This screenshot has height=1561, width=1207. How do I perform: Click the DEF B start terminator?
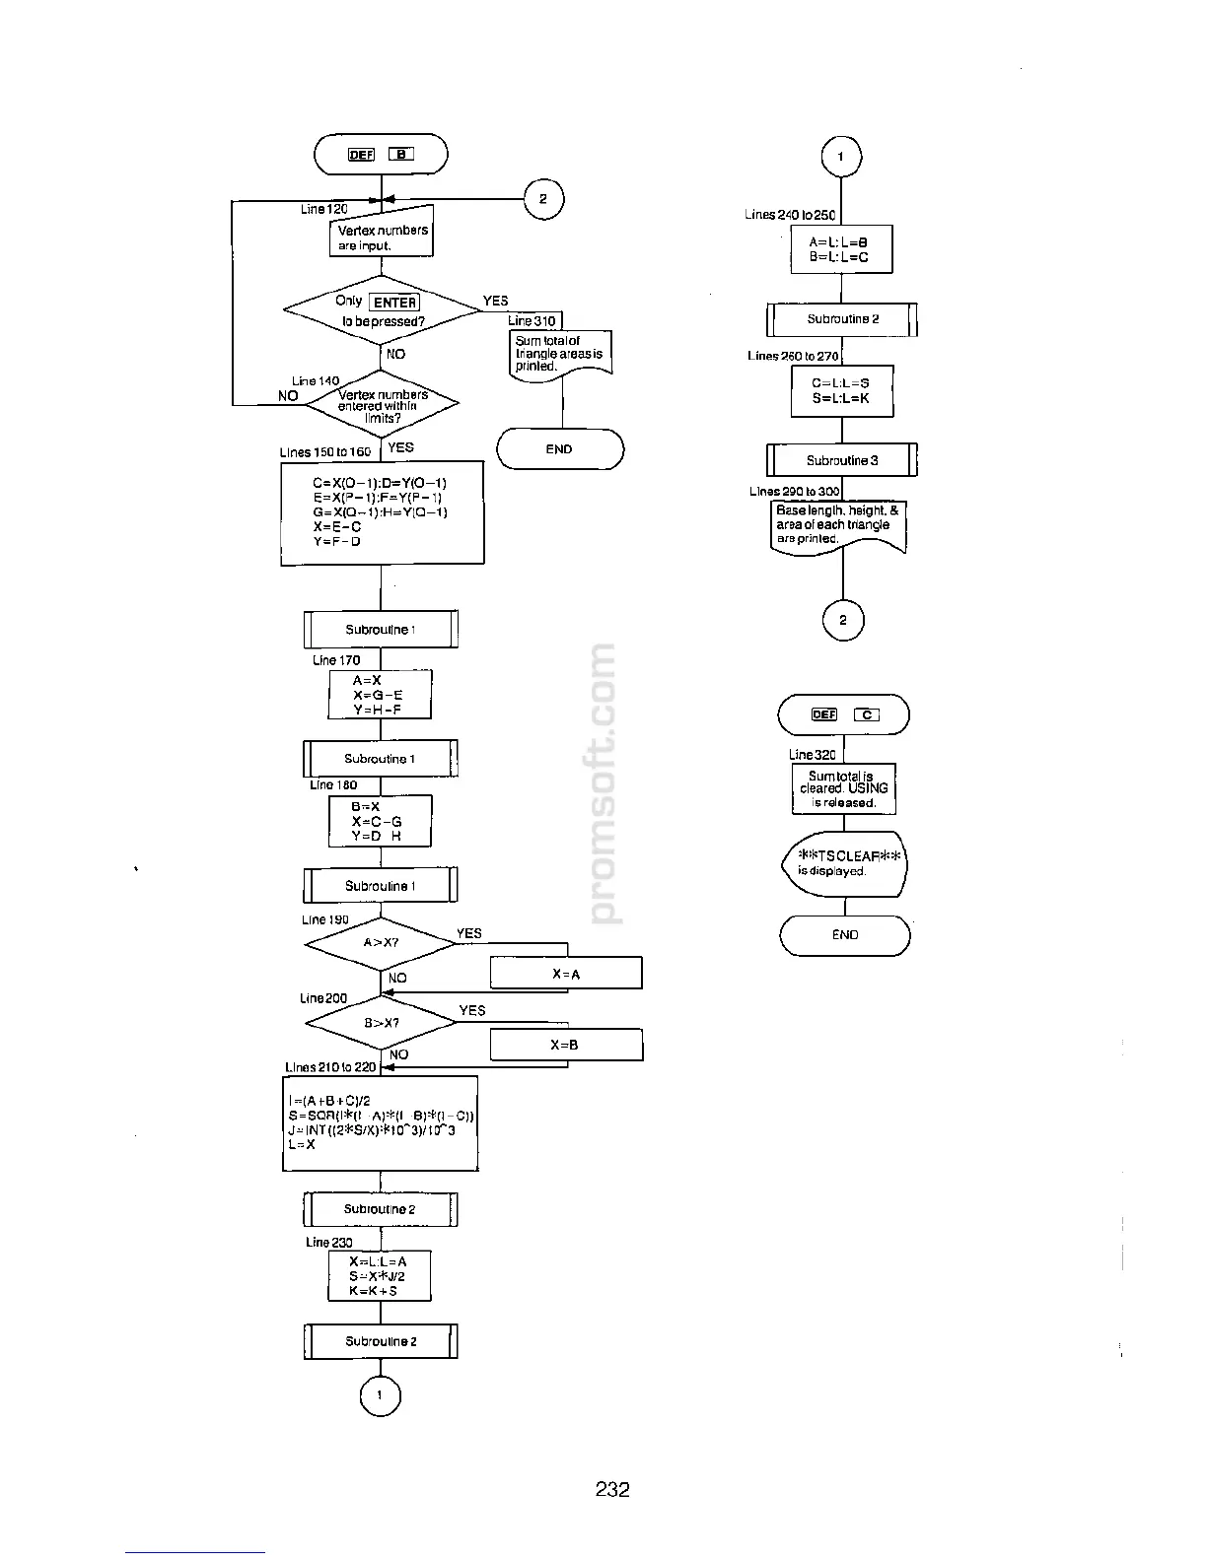tap(381, 154)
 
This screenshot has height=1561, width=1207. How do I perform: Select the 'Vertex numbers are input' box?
tap(382, 237)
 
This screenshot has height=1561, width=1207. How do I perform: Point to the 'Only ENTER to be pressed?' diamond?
tap(381, 310)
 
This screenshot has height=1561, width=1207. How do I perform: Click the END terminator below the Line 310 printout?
tap(559, 449)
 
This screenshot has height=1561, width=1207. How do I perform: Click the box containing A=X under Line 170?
tap(380, 695)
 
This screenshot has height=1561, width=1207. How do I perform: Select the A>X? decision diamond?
tap(381, 943)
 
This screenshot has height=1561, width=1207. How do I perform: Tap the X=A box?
tap(566, 974)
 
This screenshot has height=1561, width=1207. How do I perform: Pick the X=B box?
tap(566, 1045)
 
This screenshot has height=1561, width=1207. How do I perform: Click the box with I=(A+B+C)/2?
tap(381, 1123)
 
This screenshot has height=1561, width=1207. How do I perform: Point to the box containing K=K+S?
tap(380, 1276)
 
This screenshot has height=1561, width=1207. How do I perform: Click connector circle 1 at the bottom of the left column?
tap(381, 1394)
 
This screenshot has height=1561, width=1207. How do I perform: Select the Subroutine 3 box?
tap(842, 460)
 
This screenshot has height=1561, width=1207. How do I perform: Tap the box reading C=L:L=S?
tap(841, 391)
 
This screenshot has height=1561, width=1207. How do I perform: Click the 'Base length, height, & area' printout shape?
tap(838, 527)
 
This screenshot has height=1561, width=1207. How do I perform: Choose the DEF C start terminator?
tap(844, 714)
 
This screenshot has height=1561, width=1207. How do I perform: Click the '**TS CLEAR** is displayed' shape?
tap(844, 864)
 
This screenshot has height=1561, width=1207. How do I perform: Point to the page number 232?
tap(612, 1489)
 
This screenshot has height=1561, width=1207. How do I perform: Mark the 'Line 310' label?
tap(532, 320)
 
